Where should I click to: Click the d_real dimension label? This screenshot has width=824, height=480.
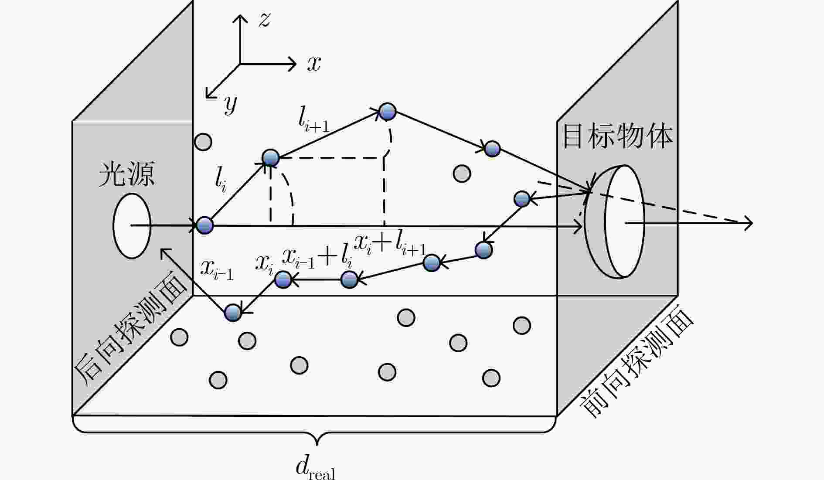(315, 468)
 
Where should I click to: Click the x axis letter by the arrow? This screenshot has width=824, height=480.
(314, 64)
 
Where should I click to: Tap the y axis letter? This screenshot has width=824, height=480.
(230, 105)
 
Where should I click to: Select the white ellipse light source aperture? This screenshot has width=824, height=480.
(132, 226)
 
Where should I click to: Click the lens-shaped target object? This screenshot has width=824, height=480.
(615, 221)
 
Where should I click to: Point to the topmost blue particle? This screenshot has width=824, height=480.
(387, 112)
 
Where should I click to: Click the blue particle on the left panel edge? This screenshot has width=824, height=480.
(204, 225)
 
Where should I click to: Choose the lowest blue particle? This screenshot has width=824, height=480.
(233, 312)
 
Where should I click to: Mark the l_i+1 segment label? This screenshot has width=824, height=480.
(313, 119)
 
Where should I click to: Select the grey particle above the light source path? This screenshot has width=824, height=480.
(203, 142)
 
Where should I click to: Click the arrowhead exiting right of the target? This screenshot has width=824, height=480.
(748, 223)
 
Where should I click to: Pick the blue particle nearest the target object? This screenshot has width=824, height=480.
(522, 199)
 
